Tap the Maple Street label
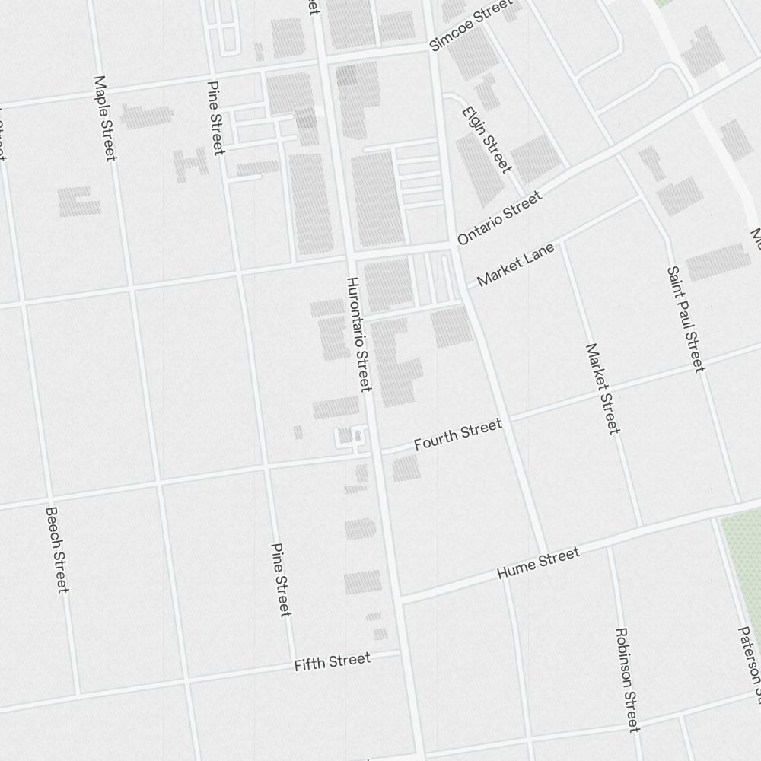(105, 118)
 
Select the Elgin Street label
(486, 139)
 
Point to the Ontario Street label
(500, 218)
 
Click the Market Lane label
(516, 266)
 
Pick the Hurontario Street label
(358, 334)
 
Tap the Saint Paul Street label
(686, 319)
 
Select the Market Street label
(603, 389)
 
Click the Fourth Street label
(458, 435)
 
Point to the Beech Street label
(57, 549)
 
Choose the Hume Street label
(538, 563)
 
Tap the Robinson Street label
(628, 680)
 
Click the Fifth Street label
(333, 662)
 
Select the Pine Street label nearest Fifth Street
(281, 580)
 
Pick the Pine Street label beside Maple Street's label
(216, 118)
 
